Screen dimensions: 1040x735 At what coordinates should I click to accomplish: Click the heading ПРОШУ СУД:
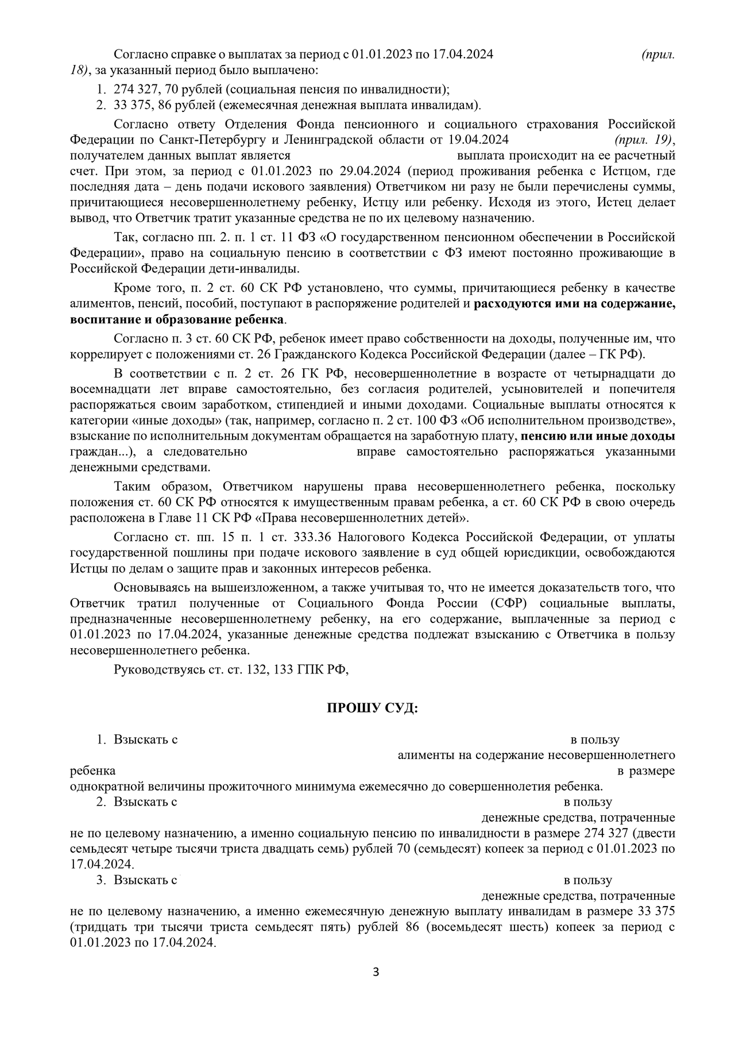[372, 708]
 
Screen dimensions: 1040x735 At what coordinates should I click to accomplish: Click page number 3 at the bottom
[376, 972]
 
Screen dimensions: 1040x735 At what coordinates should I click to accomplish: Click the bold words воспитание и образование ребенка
[177, 319]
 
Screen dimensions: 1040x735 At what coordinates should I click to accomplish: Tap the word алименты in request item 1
[422, 755]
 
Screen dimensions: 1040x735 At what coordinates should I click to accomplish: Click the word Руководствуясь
[153, 669]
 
